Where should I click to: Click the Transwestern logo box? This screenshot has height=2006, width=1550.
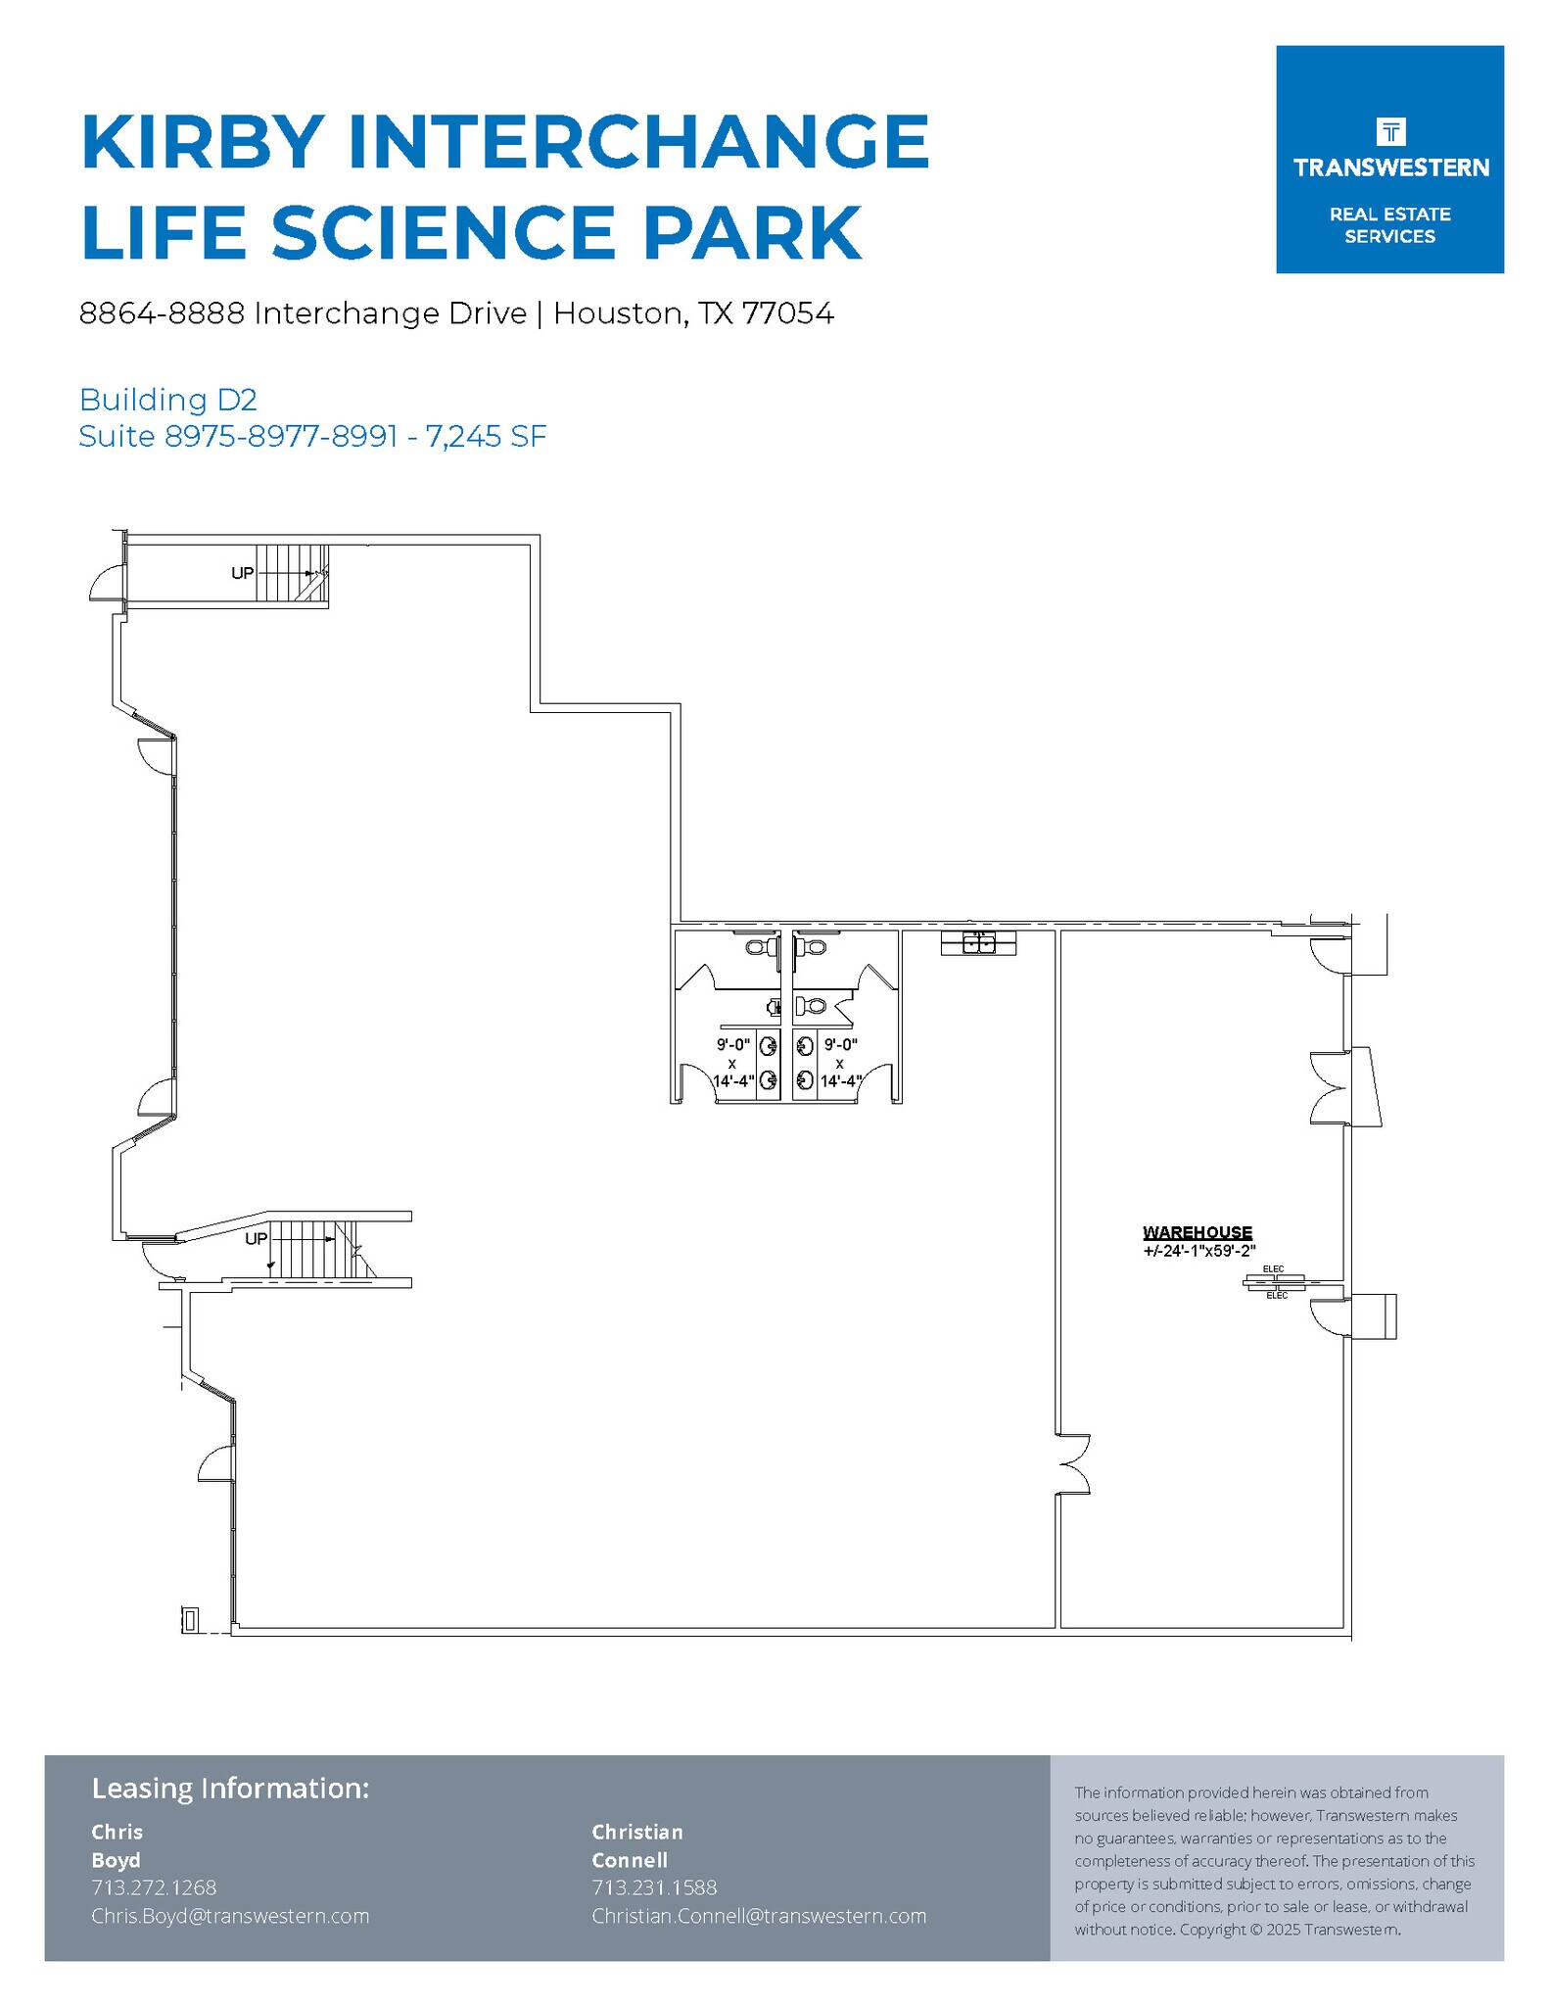click(1388, 159)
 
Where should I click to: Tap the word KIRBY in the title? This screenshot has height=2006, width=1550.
click(203, 142)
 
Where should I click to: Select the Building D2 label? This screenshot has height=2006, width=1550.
click(167, 400)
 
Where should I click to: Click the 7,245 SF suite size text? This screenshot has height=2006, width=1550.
click(486, 436)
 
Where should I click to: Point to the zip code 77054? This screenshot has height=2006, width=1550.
click(787, 313)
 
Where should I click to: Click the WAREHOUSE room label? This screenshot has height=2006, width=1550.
click(1197, 1232)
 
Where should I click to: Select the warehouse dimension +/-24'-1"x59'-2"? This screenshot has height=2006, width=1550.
click(1198, 1250)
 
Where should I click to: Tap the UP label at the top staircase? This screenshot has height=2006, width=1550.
click(242, 573)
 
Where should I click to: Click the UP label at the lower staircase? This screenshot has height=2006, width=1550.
click(256, 1238)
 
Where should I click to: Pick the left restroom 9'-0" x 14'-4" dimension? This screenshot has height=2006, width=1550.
click(732, 1063)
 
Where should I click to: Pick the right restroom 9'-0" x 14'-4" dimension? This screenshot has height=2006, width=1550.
click(840, 1063)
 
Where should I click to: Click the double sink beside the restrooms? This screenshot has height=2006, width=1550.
click(978, 943)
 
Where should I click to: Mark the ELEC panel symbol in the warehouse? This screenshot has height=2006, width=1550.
click(1274, 1281)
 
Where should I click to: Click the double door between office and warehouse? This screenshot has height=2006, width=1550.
click(1072, 1464)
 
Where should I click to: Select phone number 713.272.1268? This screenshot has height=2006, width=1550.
click(154, 1887)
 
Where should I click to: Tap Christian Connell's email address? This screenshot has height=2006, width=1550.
click(758, 1915)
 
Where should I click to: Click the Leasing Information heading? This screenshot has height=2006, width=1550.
click(230, 1788)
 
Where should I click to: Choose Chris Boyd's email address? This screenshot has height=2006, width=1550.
click(230, 1915)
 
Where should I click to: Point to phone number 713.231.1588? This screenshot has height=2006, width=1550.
click(654, 1887)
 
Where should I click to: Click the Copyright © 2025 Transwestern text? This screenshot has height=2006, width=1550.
click(1290, 1929)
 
